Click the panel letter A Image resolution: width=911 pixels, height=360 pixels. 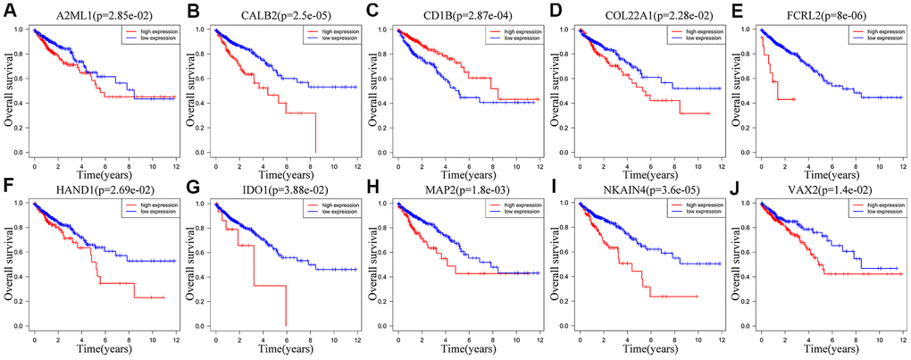click(8, 10)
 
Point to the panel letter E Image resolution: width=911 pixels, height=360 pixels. click(739, 10)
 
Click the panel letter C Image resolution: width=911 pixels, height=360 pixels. click(372, 10)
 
